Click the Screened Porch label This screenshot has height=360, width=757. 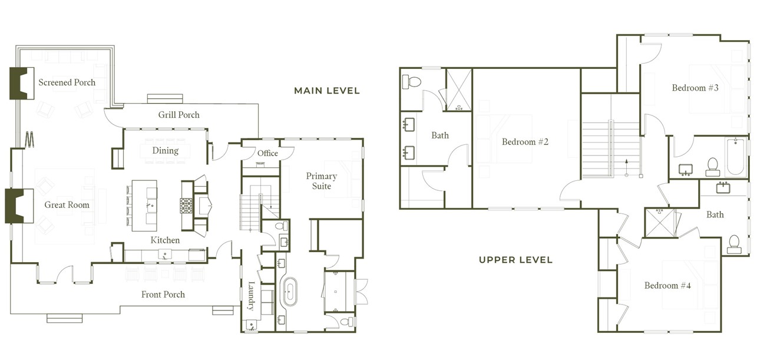point(67,82)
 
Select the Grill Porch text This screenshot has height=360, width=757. point(178,115)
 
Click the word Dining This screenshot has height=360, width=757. point(165,151)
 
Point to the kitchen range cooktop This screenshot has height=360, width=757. point(186,206)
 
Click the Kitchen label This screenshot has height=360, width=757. point(165,240)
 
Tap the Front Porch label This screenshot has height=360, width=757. point(163,295)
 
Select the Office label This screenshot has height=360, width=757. point(267,154)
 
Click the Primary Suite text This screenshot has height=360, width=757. point(321,181)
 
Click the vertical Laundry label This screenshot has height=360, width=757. point(250,296)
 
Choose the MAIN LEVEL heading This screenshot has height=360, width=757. point(326,91)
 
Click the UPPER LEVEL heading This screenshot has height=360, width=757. point(515,260)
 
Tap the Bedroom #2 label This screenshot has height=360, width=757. point(525,142)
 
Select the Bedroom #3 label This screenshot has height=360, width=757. point(695,88)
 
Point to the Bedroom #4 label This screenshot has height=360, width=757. point(669,286)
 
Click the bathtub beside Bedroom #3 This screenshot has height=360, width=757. point(735,157)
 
